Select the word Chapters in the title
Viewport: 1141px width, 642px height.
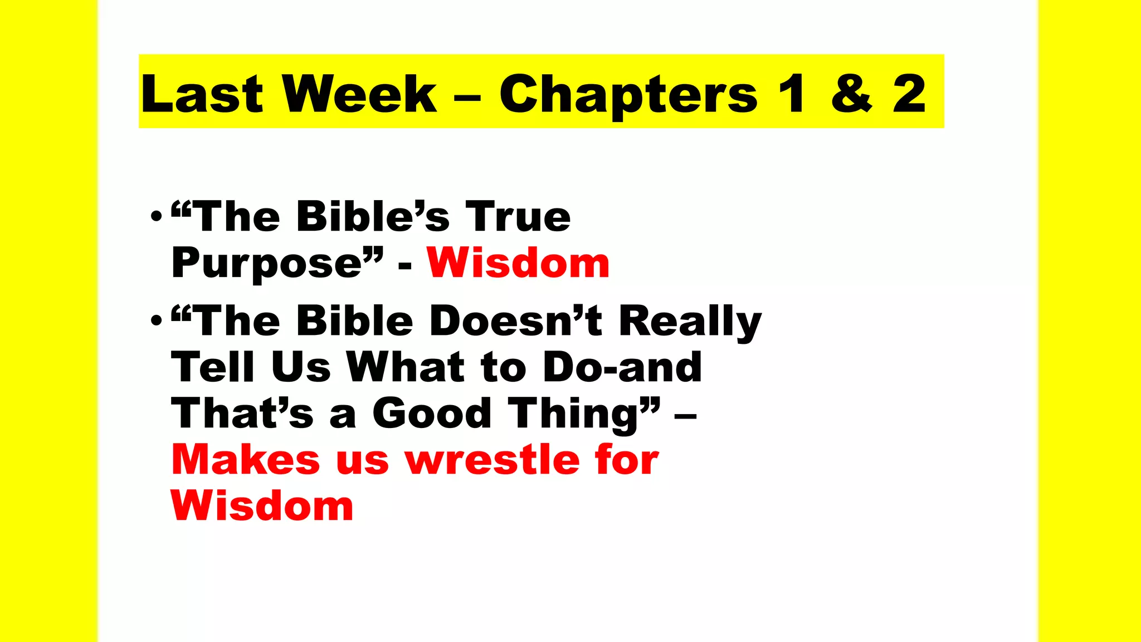628,95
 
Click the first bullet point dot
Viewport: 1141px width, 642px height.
157,216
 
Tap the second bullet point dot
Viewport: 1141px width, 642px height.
157,320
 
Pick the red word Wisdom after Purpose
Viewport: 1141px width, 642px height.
518,262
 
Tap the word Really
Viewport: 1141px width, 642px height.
690,322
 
